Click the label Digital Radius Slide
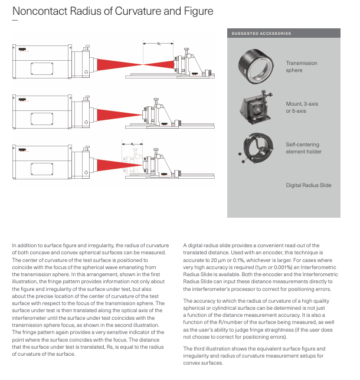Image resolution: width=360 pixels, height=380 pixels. tap(309, 185)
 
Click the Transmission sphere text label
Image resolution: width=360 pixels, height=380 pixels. tap(302, 67)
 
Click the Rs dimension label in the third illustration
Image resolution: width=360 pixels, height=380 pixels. tap(133, 143)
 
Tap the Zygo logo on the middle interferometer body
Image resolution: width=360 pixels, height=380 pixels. tap(22, 99)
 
